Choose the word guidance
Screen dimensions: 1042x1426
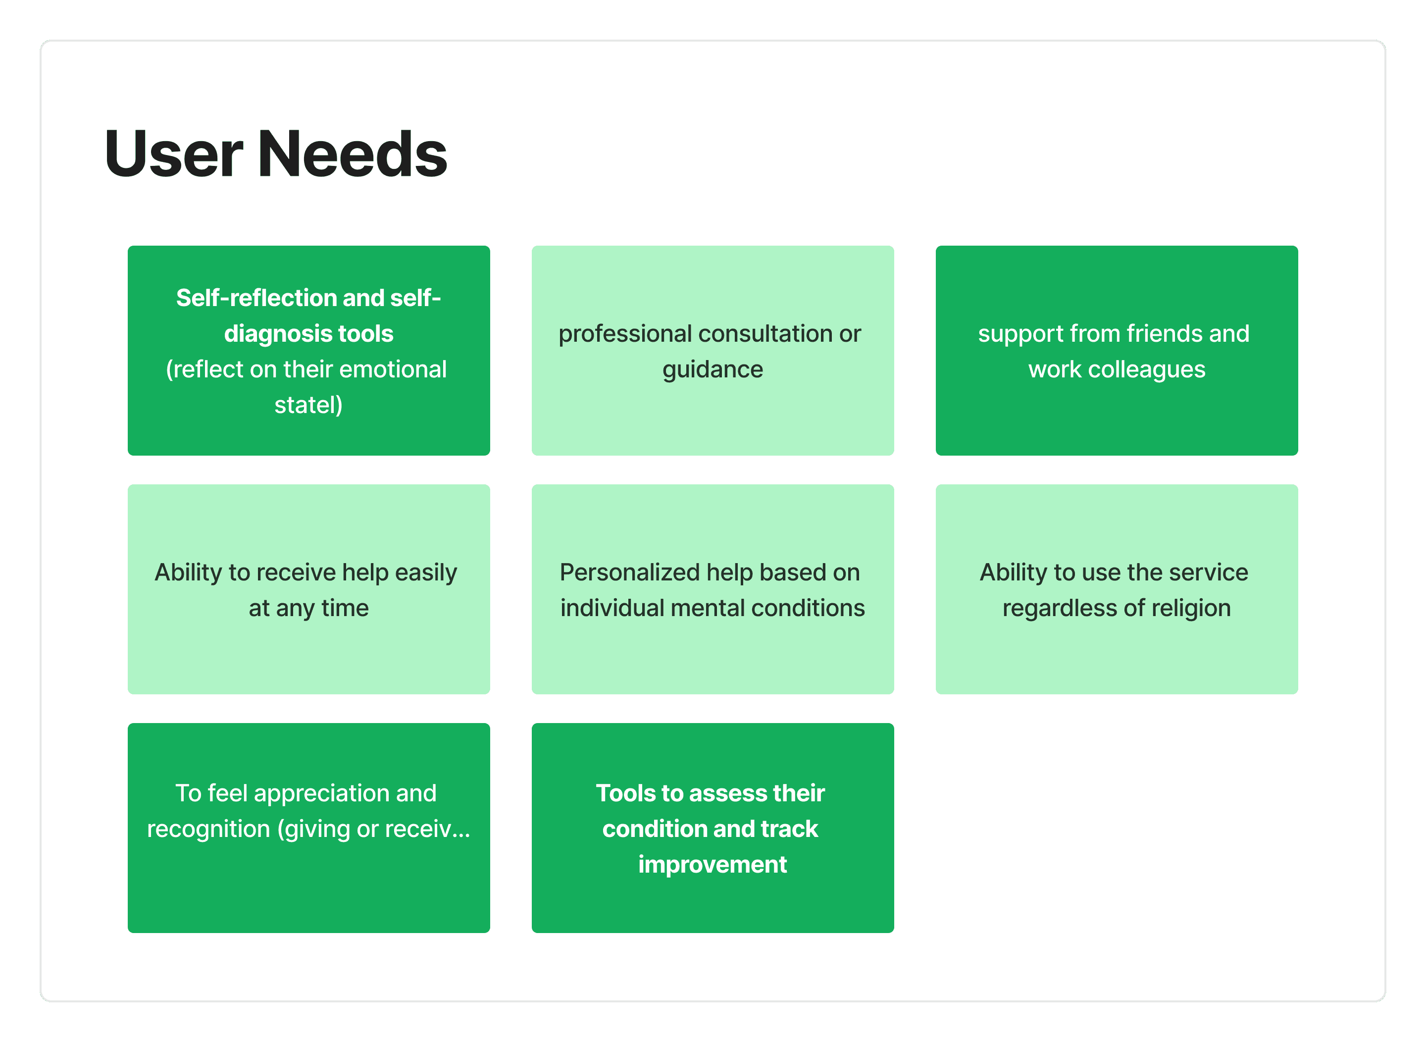click(x=713, y=369)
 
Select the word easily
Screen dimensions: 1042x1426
click(x=426, y=573)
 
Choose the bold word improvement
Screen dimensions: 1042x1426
click(x=713, y=865)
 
